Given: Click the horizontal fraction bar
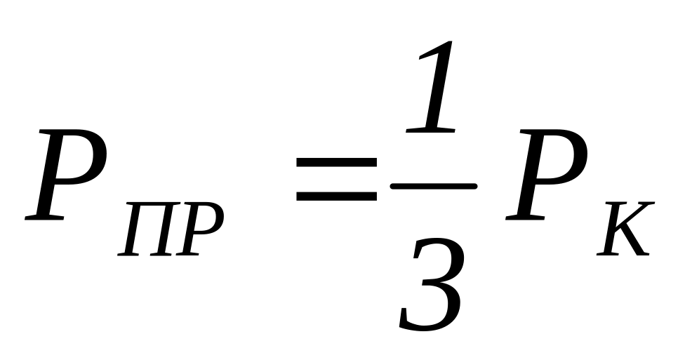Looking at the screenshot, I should [434, 186].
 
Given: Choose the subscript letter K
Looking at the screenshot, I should [625, 230].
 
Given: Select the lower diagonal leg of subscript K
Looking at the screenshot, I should [635, 246].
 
